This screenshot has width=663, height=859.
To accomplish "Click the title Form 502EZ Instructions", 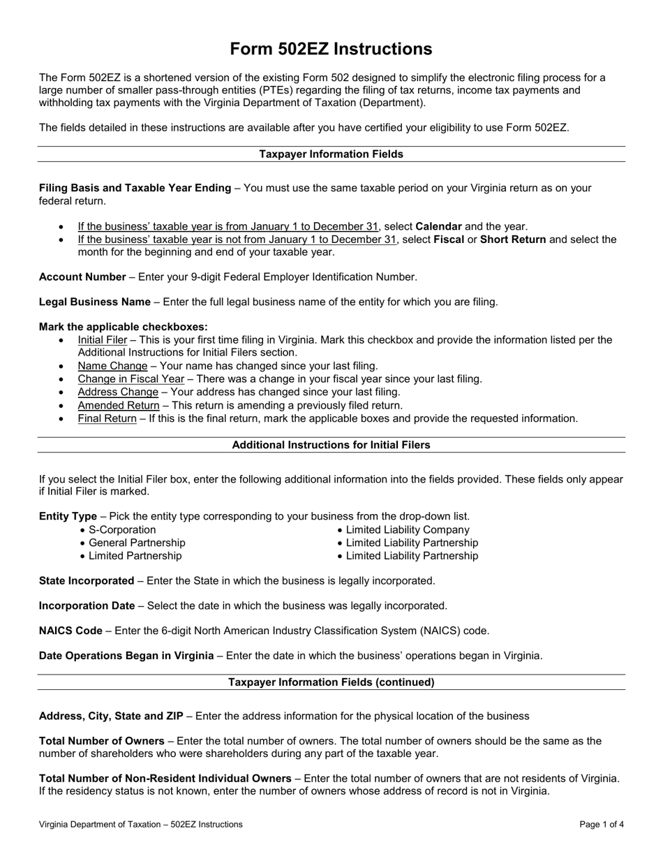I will pos(331,49).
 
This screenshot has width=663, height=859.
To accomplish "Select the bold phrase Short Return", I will pos(513,240).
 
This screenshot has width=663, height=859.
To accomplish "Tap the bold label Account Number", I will pos(82,277).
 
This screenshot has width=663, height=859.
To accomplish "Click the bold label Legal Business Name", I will pos(94,302).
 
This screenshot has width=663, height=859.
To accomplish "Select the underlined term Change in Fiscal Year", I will pos(131,379).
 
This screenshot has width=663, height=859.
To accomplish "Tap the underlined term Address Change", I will pos(118,392).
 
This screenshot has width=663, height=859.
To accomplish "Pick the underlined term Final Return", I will pos(107,419).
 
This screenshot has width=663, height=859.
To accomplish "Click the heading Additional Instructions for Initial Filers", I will pos(331,445).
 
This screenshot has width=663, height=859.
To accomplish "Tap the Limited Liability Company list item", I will pos(408,530).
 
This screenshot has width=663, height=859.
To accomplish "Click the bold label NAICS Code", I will pos(70,631).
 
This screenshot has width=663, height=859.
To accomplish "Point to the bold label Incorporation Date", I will pos(87,606).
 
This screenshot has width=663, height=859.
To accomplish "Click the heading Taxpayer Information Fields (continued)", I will pos(331,682).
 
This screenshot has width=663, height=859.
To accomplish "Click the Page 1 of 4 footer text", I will pos(602,825).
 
